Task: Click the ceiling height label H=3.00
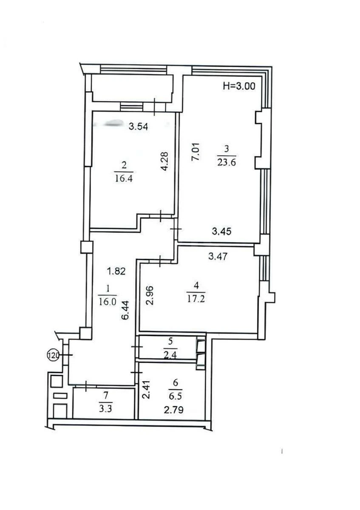pyautogui.click(x=239, y=86)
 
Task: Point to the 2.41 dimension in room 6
pyautogui.click(x=146, y=390)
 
